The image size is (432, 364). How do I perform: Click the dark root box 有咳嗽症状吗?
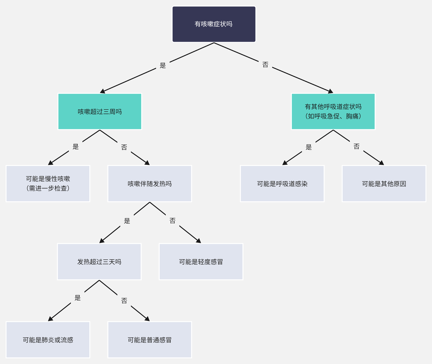[214, 24]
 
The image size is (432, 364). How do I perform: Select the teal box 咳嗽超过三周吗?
[100, 112]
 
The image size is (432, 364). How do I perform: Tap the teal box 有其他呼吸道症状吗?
[333, 112]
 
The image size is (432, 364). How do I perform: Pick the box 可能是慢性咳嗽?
[48, 184]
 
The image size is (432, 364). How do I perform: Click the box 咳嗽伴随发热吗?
[150, 184]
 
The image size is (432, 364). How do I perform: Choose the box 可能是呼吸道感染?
[282, 184]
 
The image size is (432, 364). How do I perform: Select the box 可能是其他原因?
[384, 184]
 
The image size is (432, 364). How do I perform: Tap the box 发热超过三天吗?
[99, 262]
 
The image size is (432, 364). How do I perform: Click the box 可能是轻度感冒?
[201, 262]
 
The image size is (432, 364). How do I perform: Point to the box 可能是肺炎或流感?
[48, 340]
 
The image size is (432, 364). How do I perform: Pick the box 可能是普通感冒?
[150, 340]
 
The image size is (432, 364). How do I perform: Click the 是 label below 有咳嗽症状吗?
[163, 65]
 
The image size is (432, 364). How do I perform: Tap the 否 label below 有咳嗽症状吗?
[265, 65]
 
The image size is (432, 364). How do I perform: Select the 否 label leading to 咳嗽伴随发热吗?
[124, 147]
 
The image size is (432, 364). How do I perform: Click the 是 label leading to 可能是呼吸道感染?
[309, 147]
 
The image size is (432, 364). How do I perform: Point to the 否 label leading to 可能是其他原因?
[356, 146]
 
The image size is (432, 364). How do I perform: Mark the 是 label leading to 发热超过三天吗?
[127, 221]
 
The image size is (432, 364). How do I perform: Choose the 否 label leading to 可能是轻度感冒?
[172, 221]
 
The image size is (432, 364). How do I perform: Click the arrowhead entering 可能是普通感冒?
[147, 319]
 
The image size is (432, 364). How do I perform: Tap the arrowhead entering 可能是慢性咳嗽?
[51, 163]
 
